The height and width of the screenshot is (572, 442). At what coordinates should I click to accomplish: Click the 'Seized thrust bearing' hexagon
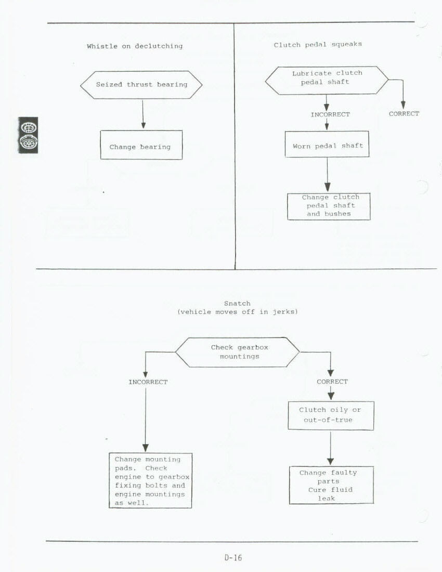(141, 84)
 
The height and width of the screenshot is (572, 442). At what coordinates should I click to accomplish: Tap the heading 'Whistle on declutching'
(135, 46)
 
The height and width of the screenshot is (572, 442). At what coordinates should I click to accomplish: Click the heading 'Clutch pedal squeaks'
(318, 45)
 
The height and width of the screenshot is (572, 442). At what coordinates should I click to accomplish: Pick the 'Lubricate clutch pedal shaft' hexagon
(327, 80)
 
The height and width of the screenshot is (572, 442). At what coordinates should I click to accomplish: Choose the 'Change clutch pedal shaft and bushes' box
(329, 206)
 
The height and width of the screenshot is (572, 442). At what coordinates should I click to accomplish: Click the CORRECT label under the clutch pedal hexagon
(404, 114)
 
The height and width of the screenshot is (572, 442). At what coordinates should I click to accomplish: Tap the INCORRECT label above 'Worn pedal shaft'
(330, 114)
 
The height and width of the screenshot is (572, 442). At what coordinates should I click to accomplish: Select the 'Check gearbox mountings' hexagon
(238, 352)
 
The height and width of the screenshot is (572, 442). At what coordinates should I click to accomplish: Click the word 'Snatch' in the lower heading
(237, 303)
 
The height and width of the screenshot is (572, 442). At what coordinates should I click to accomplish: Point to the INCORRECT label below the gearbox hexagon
(148, 382)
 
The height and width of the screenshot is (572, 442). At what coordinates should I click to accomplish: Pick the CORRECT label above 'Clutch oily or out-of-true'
(332, 382)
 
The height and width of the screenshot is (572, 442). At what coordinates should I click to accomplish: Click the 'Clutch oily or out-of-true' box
(331, 415)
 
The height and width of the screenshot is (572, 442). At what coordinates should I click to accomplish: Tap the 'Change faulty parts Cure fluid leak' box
(331, 485)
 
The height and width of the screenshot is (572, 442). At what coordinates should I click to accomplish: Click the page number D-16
(233, 557)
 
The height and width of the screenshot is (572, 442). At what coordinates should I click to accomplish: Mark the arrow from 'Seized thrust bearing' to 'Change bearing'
(143, 115)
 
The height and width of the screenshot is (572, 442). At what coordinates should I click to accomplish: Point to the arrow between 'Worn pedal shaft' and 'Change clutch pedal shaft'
(328, 175)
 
